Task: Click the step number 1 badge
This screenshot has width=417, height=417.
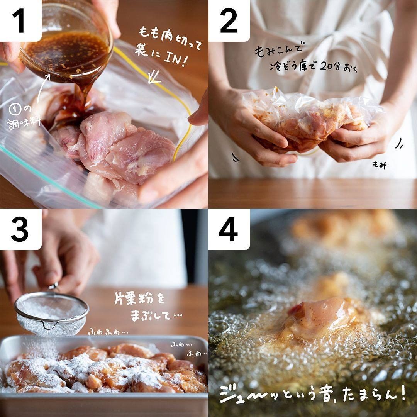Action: click(20, 20)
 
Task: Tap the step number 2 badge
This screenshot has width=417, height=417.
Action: click(229, 20)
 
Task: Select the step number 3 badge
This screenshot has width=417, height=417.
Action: click(20, 229)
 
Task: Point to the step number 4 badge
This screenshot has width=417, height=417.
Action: click(229, 229)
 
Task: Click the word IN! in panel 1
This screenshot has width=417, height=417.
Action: click(174, 59)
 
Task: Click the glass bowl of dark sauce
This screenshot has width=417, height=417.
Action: click(66, 42)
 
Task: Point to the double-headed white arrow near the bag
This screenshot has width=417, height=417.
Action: click(154, 77)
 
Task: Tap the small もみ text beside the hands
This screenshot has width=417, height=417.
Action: click(379, 165)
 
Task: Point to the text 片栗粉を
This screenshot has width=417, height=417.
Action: click(140, 300)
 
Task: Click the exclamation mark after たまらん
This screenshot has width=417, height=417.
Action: click(403, 392)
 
